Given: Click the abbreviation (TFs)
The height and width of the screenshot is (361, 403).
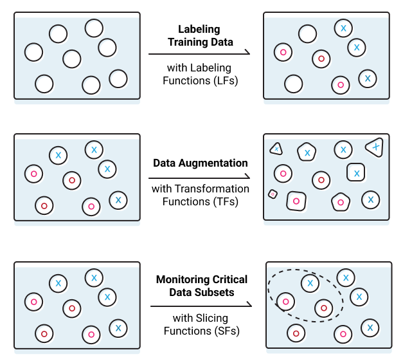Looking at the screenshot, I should tap(222, 201).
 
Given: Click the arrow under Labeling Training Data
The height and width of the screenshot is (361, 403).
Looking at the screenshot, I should tap(199, 55).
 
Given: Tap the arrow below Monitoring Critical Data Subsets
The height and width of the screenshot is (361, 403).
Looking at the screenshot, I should tap(200, 306).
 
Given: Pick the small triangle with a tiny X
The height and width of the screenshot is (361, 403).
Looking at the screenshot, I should tap(276, 149).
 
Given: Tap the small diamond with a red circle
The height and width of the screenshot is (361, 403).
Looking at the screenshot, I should tap(273, 193).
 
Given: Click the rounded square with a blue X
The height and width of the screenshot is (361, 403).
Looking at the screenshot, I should tap(355, 172).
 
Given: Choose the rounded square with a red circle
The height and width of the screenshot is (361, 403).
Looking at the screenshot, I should tap(296, 201).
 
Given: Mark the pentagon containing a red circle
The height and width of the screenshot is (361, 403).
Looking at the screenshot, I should tap(340, 201).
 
